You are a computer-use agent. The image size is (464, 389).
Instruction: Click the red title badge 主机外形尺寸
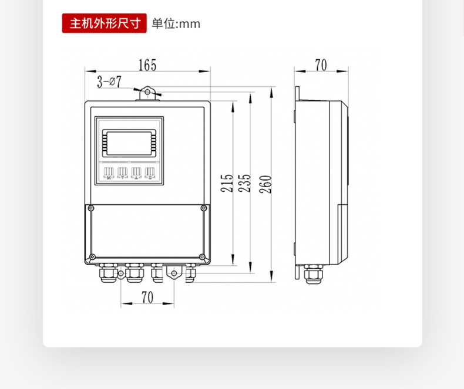[x=105, y=23]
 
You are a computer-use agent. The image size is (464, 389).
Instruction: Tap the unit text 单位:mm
[x=176, y=24]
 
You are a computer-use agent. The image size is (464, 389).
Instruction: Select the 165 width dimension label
[x=147, y=65]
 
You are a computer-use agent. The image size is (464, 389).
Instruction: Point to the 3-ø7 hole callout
[x=109, y=82]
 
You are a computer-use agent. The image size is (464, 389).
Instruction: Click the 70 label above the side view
[x=321, y=65]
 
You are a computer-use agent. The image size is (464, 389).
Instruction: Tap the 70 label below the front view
[x=147, y=297]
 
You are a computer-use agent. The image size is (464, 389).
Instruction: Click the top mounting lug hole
[x=147, y=92]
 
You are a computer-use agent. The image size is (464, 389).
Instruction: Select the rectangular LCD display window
[x=129, y=142]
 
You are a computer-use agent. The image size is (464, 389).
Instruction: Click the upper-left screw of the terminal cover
[x=90, y=208]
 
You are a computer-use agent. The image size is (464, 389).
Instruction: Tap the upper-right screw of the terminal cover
[x=203, y=208]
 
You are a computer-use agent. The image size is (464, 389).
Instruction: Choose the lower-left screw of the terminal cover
[x=91, y=257]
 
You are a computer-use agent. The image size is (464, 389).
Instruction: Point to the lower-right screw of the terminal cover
[x=203, y=257]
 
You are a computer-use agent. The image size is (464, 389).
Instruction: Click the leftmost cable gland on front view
[x=107, y=273]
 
